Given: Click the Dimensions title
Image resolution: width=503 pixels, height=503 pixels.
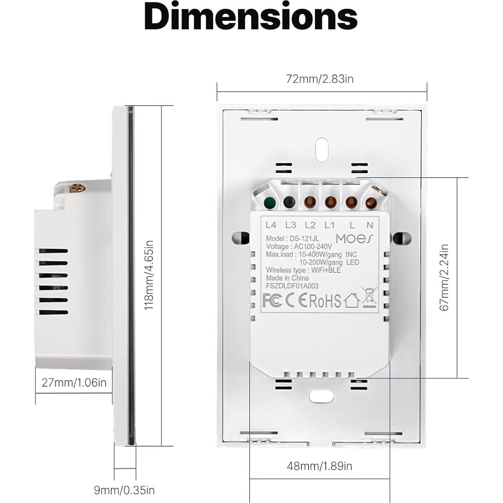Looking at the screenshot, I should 251,17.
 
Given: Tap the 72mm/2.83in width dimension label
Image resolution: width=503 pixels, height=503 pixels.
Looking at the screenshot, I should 320,79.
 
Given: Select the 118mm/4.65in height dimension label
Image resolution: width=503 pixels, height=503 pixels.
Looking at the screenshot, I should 149,275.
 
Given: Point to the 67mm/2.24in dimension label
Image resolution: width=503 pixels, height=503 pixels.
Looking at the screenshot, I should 444,277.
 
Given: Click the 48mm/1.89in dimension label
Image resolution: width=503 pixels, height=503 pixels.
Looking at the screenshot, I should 319,466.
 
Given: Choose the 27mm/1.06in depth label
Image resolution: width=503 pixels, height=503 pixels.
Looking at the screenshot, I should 74,383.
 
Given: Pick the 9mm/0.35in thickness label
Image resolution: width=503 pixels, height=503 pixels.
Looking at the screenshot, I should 124,490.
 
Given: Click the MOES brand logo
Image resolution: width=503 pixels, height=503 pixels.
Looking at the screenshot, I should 355,238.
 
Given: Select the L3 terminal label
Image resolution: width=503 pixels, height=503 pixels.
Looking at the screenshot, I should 291,225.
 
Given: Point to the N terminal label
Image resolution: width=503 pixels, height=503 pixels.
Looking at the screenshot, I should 369,225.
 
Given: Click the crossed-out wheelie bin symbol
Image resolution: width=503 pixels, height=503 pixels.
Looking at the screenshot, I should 369,297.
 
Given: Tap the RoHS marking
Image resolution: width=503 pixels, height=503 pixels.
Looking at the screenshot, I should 325,301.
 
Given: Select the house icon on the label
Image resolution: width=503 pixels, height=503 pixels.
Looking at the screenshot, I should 351,301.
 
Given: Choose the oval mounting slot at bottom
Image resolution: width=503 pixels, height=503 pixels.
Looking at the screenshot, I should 321,396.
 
